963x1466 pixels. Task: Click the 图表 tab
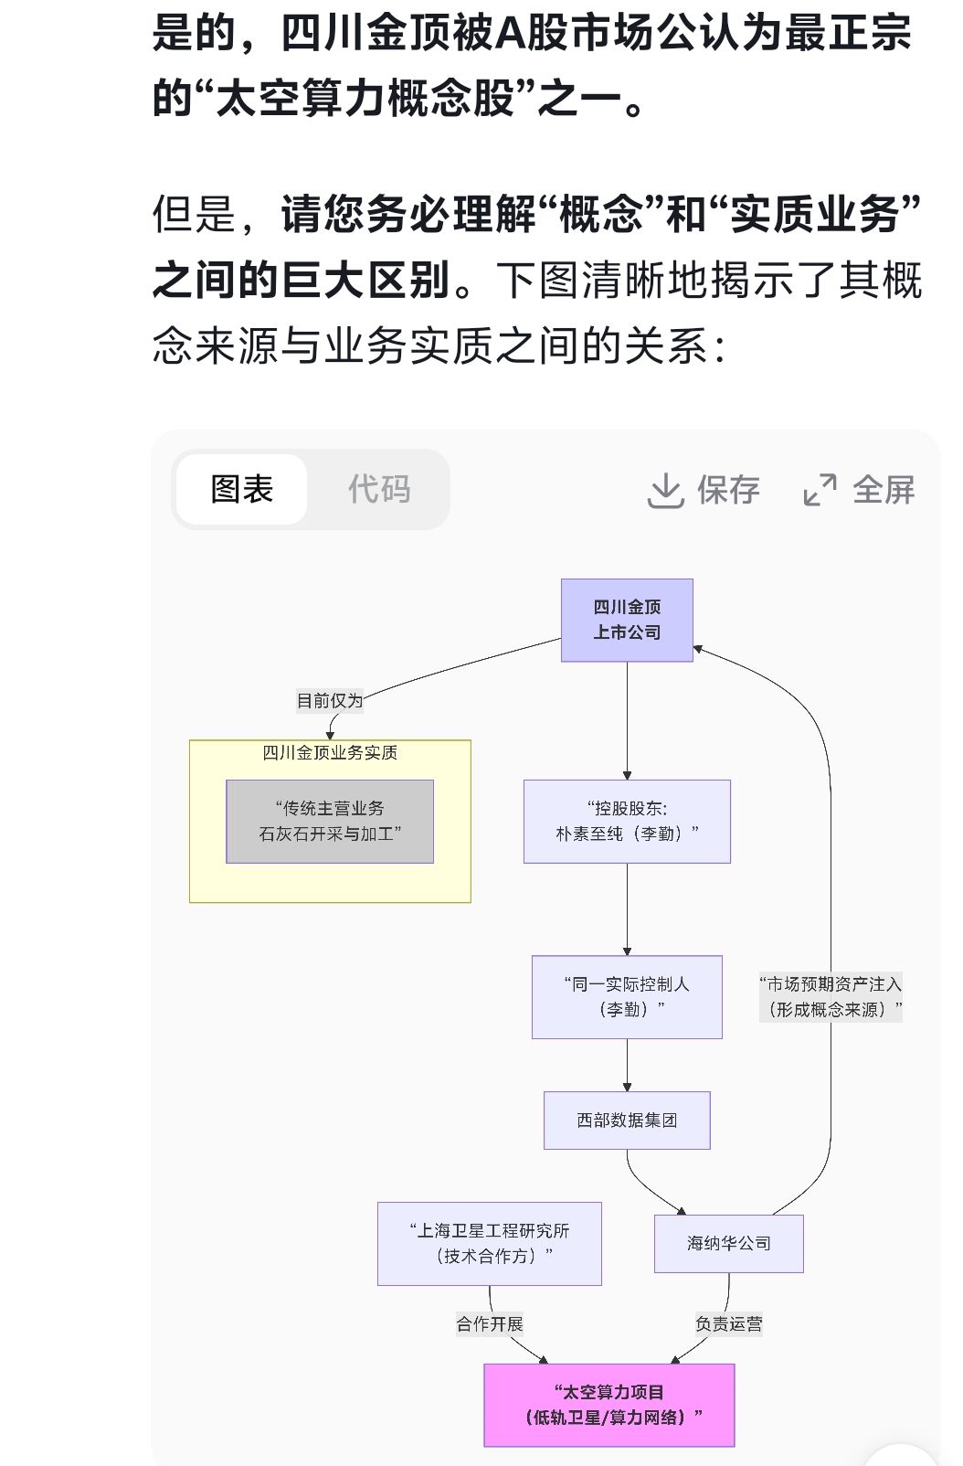(x=242, y=489)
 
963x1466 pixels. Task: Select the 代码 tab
(x=379, y=489)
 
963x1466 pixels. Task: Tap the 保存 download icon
(x=666, y=491)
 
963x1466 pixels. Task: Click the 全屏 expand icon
(x=820, y=490)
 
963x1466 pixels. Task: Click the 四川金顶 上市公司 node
(x=627, y=620)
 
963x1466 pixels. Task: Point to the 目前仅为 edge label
(x=330, y=701)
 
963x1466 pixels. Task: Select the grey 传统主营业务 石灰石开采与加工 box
(x=330, y=821)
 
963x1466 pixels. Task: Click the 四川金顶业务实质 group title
(x=330, y=753)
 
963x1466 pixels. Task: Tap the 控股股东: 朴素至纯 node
(x=627, y=821)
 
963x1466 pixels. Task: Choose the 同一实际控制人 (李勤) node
(x=627, y=996)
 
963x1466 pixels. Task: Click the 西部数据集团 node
(x=627, y=1120)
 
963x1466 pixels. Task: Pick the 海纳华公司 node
(x=728, y=1243)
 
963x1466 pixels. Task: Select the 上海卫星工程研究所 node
(x=490, y=1243)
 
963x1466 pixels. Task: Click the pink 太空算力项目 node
(x=608, y=1405)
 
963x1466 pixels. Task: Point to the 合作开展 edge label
(x=490, y=1323)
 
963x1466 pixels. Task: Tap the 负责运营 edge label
(x=728, y=1323)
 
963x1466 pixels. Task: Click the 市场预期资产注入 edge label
(x=831, y=996)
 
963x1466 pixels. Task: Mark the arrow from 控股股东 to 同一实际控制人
(x=627, y=909)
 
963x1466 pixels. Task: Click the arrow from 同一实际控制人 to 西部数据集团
(x=627, y=1066)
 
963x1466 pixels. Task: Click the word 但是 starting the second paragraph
(x=194, y=215)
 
